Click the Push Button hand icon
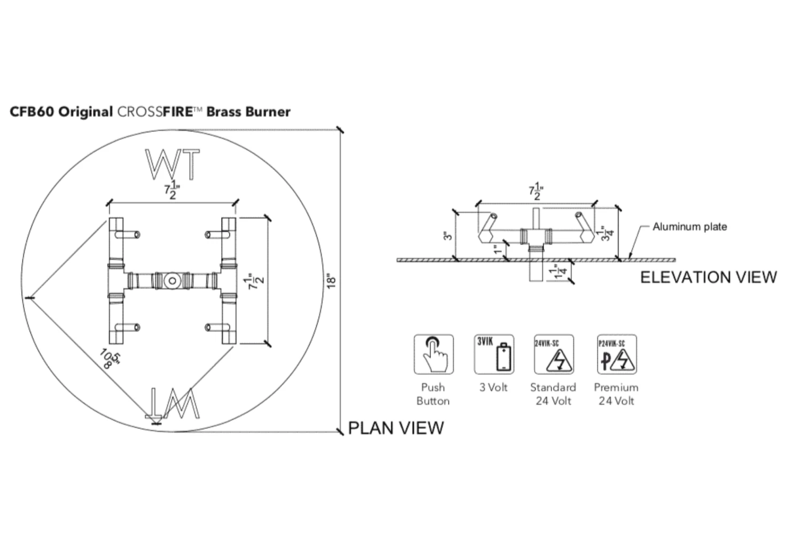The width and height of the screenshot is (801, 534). click(434, 355)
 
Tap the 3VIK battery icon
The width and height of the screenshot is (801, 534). click(494, 355)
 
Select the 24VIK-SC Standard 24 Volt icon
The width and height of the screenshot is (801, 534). click(554, 355)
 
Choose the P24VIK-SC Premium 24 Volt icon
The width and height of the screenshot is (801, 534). click(616, 355)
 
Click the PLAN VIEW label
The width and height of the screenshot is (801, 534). click(396, 428)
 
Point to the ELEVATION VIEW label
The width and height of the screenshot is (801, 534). click(708, 277)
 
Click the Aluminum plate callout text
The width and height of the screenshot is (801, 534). click(689, 226)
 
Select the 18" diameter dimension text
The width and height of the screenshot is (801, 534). click(332, 281)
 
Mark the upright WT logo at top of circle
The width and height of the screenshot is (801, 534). click(172, 164)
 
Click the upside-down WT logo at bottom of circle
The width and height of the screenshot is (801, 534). click(172, 403)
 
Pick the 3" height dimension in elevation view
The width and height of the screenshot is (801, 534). click(449, 235)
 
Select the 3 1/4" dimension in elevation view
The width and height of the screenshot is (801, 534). click(607, 234)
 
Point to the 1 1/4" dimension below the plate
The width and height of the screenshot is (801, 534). click(559, 271)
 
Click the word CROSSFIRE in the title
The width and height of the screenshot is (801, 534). click(160, 112)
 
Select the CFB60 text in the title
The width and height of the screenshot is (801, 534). click(32, 112)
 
